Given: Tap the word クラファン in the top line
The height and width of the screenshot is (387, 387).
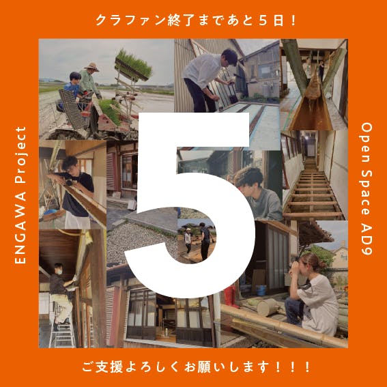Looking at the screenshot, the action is click(130, 20).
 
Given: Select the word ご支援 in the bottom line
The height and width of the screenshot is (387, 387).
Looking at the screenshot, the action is click(102, 367).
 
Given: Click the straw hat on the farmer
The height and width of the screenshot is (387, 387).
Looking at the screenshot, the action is click(91, 67).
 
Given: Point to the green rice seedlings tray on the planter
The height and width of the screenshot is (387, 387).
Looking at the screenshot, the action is click(133, 65).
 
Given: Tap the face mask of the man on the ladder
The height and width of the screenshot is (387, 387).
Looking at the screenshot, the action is click(59, 272).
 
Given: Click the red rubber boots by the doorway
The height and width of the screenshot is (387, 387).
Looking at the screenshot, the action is click(231, 296).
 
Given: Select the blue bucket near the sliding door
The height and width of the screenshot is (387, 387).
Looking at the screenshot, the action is click(261, 290).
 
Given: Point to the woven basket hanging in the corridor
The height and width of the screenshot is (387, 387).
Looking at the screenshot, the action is click(313, 87).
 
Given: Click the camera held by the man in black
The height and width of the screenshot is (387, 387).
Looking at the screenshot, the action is click(70, 182).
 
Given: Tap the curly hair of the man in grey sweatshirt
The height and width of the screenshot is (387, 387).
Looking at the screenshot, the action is click(248, 177).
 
